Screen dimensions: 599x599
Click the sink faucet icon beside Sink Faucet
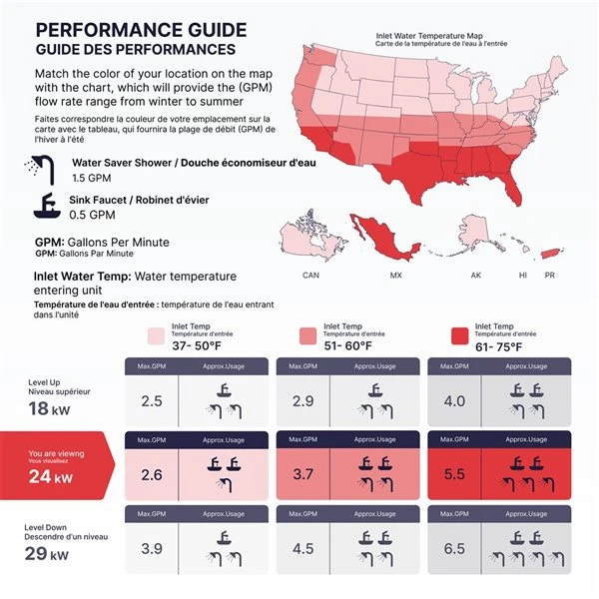[x=46, y=206]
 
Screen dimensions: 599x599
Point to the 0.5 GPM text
[x=91, y=215]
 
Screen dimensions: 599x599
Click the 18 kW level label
[x=50, y=408]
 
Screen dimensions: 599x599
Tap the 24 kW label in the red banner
[x=50, y=477]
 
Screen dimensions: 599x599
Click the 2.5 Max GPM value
[x=152, y=401]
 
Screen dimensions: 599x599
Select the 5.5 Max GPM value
[x=454, y=475]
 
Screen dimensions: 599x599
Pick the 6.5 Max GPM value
[x=454, y=549]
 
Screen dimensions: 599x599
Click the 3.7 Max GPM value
[x=303, y=475]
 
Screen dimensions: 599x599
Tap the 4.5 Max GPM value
[x=303, y=549]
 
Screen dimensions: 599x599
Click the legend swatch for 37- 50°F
[x=156, y=335]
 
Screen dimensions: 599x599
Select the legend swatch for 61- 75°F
[x=459, y=335]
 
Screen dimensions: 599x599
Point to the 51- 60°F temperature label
[x=348, y=346]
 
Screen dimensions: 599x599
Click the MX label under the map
[x=396, y=275]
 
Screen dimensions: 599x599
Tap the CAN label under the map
[x=310, y=275]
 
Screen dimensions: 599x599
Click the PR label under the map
[x=549, y=275]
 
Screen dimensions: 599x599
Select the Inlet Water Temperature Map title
[x=434, y=35]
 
